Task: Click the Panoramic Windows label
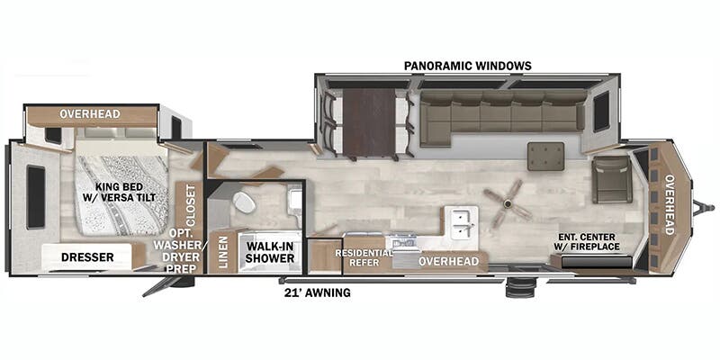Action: (467, 66)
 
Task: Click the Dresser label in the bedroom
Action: (87, 257)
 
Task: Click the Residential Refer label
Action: (364, 258)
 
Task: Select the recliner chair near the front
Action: (612, 178)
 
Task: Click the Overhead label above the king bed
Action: (90, 114)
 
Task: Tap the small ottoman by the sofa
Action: (545, 154)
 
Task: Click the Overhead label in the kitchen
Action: (449, 261)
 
